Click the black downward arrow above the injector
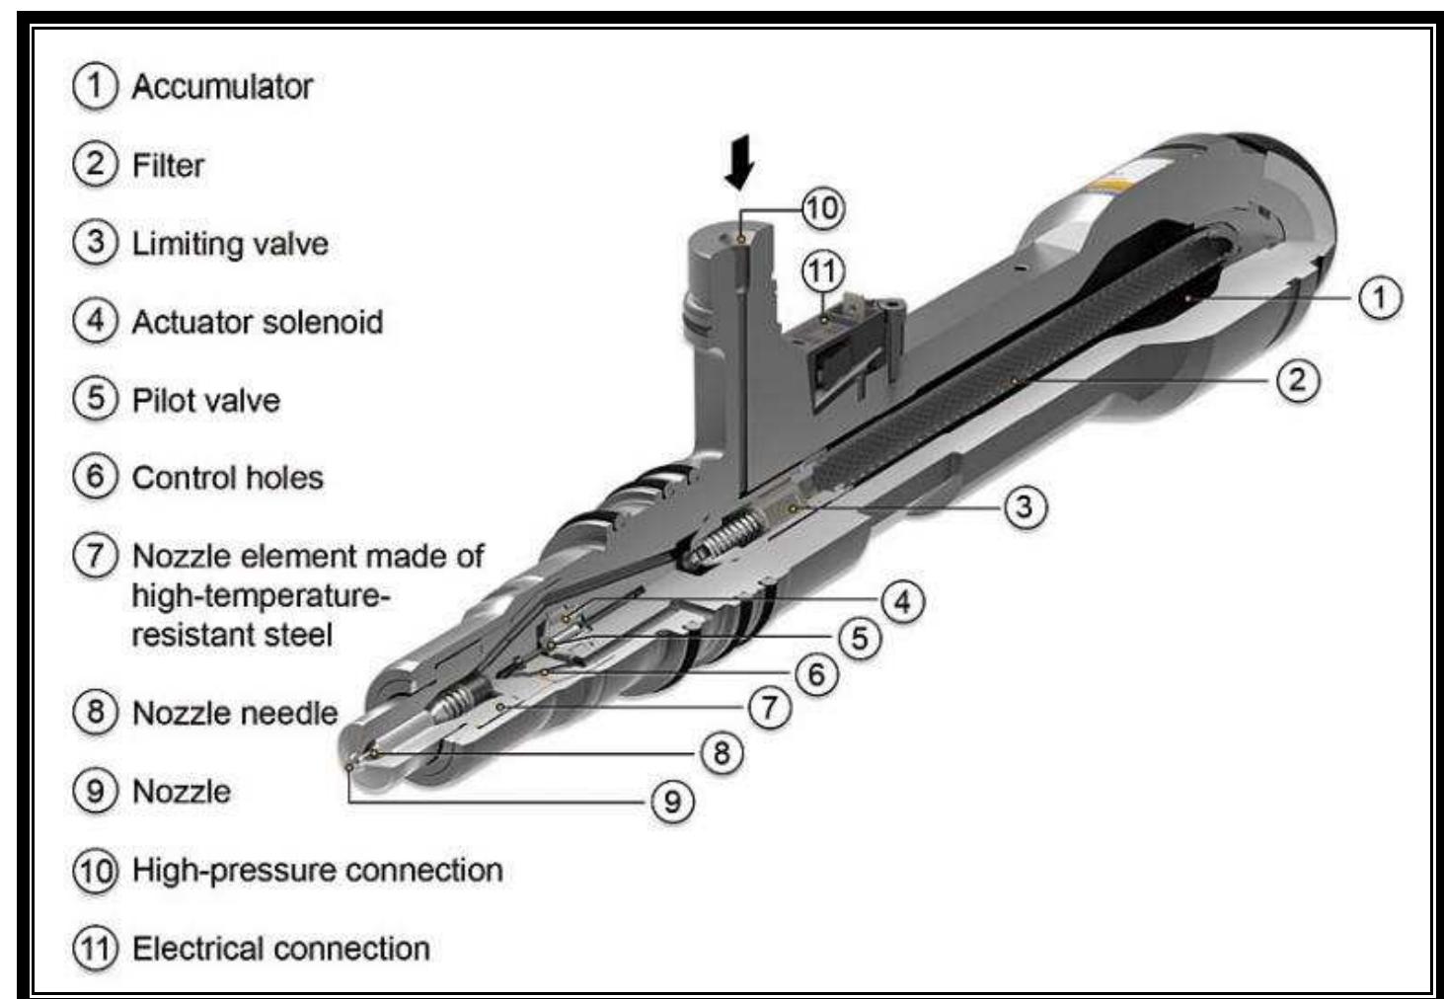(739, 162)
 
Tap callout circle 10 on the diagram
(822, 208)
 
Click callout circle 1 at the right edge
(1379, 297)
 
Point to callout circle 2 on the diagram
(1297, 380)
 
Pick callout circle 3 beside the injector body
(1025, 506)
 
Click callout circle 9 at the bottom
(672, 801)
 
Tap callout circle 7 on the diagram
(769, 707)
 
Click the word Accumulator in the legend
(222, 87)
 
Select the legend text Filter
(168, 165)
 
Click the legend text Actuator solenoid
(258, 322)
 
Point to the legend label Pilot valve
(206, 400)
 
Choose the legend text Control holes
(228, 478)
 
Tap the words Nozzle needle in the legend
(235, 713)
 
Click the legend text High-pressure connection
(318, 870)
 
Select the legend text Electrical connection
(281, 949)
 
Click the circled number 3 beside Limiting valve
(95, 242)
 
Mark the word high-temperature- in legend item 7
(262, 595)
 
